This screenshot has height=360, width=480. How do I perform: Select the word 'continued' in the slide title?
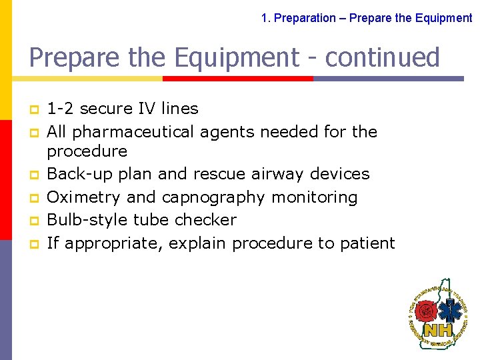coord(383,58)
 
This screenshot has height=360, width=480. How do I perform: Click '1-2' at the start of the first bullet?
coord(60,109)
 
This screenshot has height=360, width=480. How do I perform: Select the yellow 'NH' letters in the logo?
coord(439,329)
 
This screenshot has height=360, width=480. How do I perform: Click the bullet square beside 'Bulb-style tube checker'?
coord(33,221)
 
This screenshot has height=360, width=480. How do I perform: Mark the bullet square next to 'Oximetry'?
coord(33,198)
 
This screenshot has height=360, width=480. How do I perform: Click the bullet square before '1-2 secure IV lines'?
coord(33,109)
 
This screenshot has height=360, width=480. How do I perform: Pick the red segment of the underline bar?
coord(237,78)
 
